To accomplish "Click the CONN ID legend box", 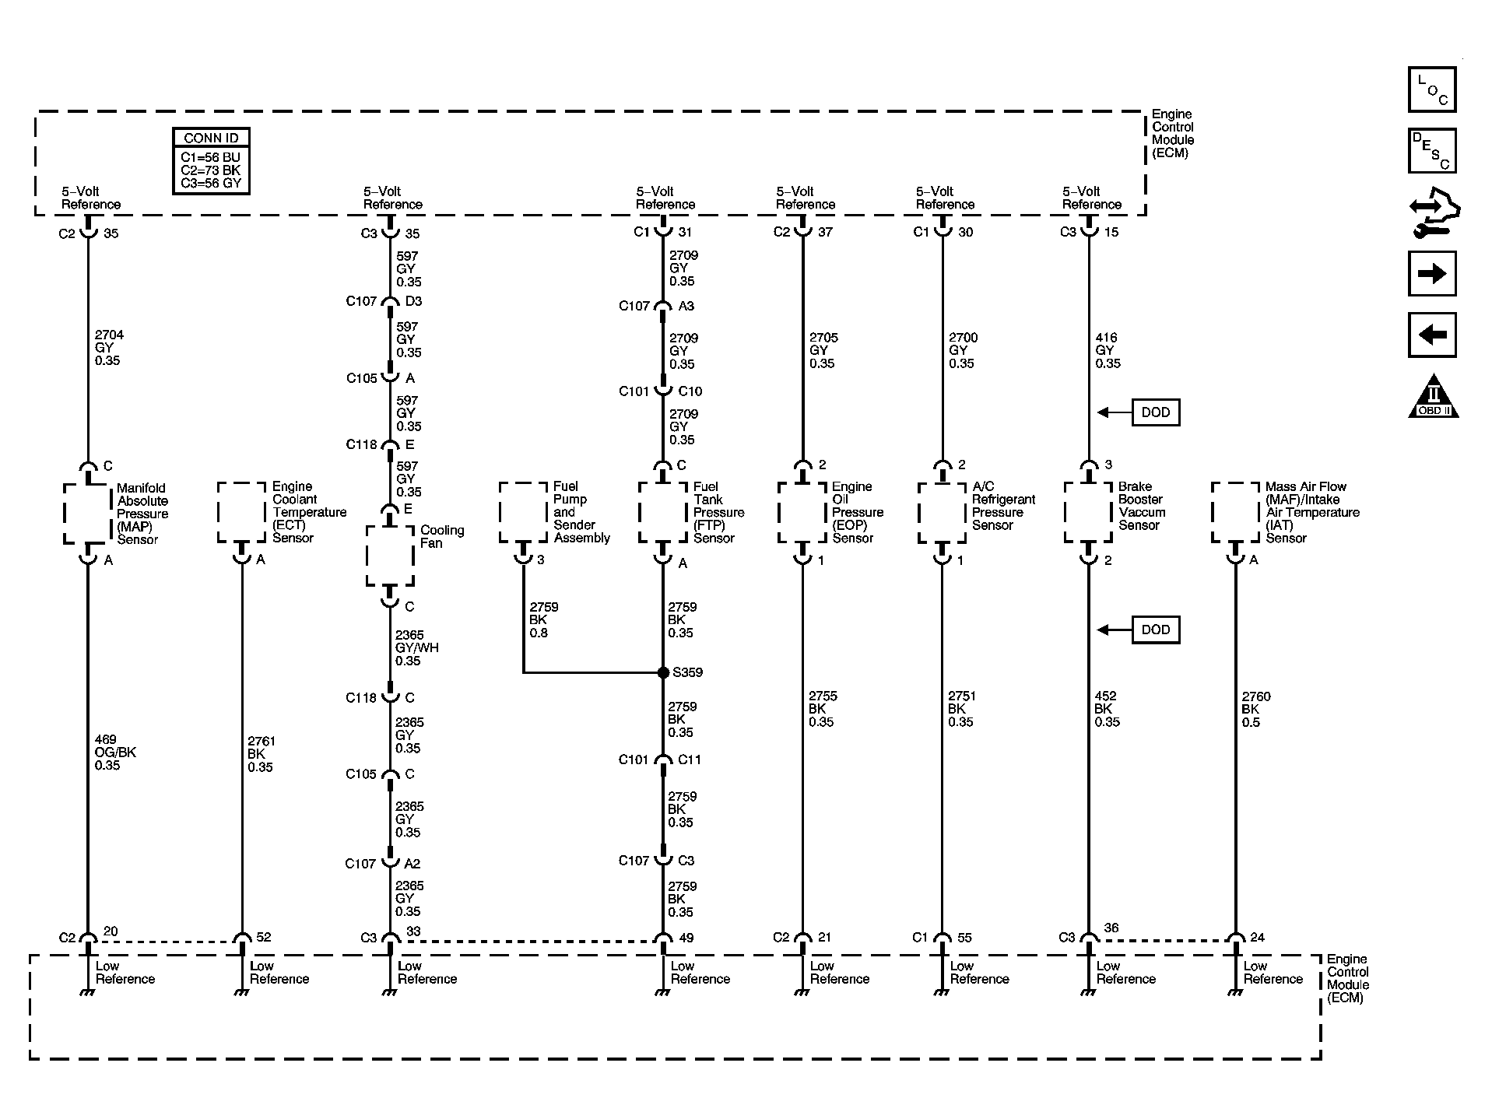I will (x=211, y=161).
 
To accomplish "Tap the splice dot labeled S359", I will (x=663, y=672).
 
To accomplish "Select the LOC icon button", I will (x=1431, y=89).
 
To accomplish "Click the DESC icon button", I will (x=1431, y=150).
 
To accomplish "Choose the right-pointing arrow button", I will (x=1431, y=273).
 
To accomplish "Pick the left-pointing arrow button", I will (x=1431, y=335).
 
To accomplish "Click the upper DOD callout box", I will (x=1155, y=412).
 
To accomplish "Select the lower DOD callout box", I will (x=1155, y=630).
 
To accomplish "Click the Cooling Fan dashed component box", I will (x=390, y=556).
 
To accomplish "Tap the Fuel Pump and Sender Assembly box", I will (x=523, y=512).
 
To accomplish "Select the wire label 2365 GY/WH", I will (x=416, y=647).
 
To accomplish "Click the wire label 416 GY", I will (x=1108, y=350).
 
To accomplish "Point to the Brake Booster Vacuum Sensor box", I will (x=1088, y=512).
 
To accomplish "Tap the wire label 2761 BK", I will (x=261, y=754).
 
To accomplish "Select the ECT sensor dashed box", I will (x=241, y=512).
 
